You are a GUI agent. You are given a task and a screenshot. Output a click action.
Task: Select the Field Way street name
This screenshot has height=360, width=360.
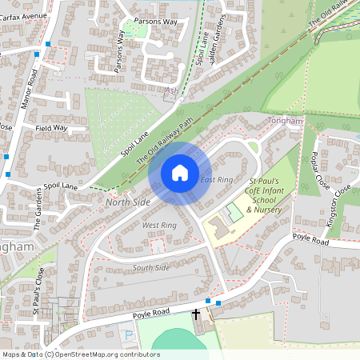(x=51, y=128)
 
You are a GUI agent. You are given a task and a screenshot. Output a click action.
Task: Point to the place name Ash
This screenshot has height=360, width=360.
(x=170, y=91)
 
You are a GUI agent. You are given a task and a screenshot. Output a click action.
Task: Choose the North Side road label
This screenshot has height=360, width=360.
(x=127, y=202)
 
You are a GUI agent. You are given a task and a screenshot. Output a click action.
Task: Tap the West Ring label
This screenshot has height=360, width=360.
(x=158, y=226)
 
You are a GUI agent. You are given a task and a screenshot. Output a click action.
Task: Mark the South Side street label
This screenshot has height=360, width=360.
(x=151, y=267)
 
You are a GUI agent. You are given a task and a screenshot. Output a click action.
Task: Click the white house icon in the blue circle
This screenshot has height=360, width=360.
(x=180, y=173)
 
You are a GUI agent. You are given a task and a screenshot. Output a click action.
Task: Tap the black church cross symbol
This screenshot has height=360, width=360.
(x=196, y=314)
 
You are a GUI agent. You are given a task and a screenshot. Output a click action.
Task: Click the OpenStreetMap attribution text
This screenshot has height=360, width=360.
(x=81, y=354)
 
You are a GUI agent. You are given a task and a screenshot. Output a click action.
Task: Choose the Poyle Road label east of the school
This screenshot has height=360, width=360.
(x=310, y=240)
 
